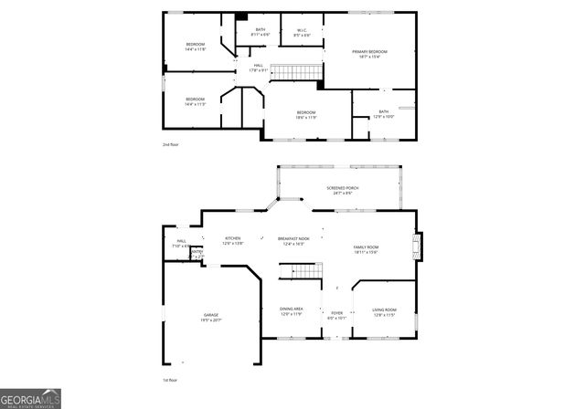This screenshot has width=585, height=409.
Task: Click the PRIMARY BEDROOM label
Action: click(x=370, y=51)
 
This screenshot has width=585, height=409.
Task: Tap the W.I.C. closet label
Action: click(x=302, y=30)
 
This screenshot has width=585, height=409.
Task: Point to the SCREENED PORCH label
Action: click(x=343, y=188)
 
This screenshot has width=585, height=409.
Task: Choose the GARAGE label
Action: click(x=211, y=315)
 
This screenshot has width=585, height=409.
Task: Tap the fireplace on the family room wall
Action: click(x=418, y=246)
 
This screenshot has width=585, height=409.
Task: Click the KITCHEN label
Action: click(x=234, y=238)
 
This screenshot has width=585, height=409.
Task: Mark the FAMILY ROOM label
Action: click(x=366, y=247)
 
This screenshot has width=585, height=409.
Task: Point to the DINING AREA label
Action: click(x=292, y=309)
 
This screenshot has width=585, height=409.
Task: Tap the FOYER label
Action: click(x=336, y=312)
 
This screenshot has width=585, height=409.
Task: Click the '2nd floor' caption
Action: click(x=171, y=144)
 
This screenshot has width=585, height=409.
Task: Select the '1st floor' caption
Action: click(x=170, y=379)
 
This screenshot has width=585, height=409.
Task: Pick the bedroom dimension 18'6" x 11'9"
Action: click(x=305, y=118)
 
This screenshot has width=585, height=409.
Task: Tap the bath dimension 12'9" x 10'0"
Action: click(x=384, y=117)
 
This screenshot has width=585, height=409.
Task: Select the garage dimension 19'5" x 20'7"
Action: click(x=211, y=320)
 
